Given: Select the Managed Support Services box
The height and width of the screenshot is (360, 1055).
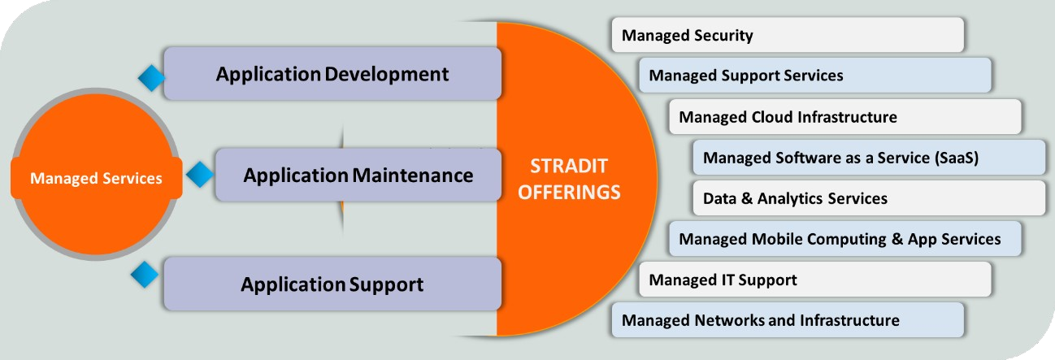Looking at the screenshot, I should [x=814, y=76].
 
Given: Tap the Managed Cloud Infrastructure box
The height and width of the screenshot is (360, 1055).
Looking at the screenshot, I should [x=844, y=117].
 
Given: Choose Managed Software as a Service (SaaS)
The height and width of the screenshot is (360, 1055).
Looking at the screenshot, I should [x=868, y=158].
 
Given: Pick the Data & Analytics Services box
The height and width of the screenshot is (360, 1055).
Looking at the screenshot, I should [x=868, y=198].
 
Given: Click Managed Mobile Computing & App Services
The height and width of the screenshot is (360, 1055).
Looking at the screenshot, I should [x=844, y=239].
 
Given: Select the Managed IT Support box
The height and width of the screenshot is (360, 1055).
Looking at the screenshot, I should [x=814, y=280].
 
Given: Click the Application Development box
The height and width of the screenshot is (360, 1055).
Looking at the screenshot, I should [x=332, y=74].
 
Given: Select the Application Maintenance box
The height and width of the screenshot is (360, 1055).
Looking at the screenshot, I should [x=358, y=175].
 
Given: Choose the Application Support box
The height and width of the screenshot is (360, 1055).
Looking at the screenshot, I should [x=332, y=284].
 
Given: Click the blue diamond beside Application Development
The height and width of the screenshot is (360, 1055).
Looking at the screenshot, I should [x=150, y=78].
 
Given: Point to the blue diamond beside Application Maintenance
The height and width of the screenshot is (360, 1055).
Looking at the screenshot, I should [x=199, y=174].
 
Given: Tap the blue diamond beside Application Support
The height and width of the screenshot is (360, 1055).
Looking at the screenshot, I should [x=145, y=275].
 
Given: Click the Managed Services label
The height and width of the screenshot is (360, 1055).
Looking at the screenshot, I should [x=96, y=179].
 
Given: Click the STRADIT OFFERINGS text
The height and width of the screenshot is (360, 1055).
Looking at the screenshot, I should [x=575, y=180].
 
